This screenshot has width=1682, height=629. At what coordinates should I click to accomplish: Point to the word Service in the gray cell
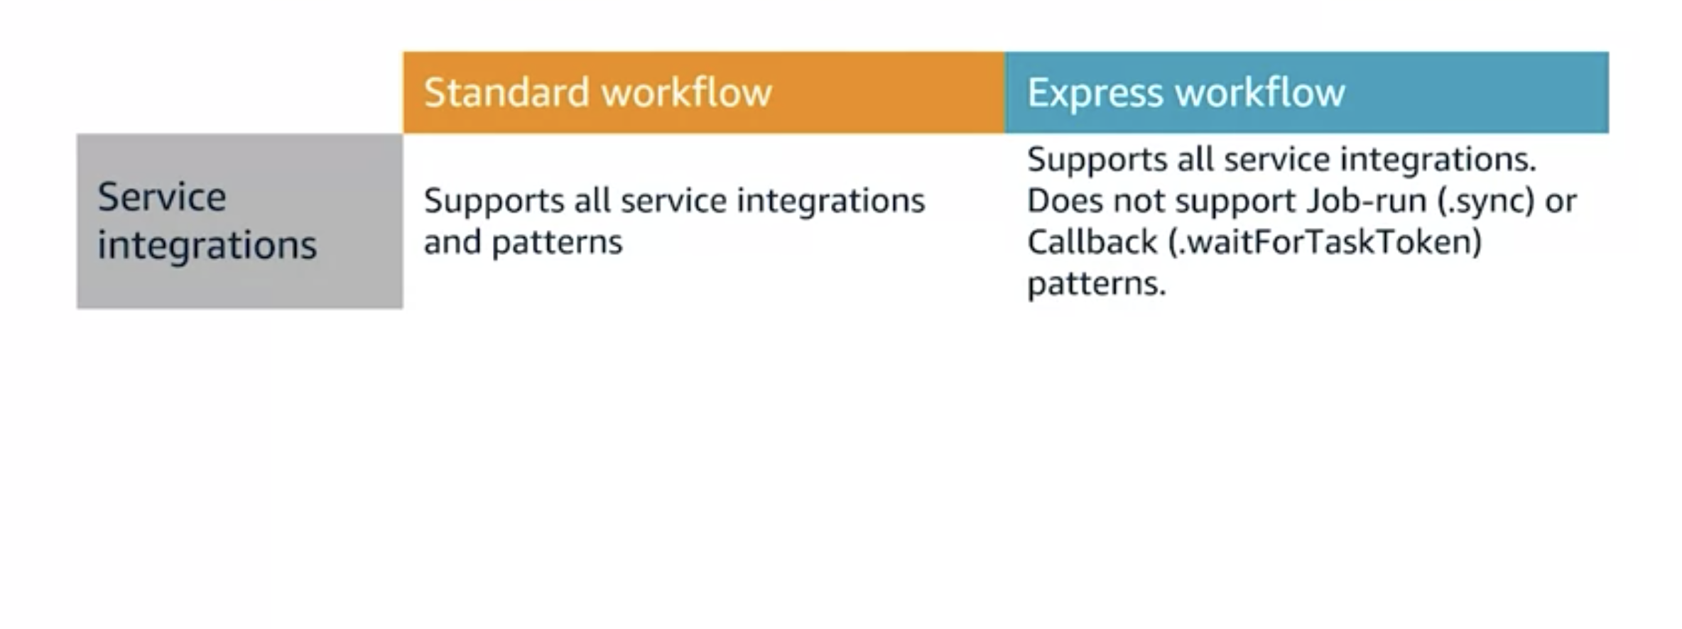click(x=162, y=197)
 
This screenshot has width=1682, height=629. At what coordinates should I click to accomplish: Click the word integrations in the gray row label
click(x=207, y=245)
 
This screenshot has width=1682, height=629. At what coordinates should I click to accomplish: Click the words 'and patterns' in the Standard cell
click(x=523, y=242)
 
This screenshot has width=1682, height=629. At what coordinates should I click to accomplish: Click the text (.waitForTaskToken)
click(x=1325, y=243)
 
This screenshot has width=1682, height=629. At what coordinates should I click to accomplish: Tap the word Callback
click(x=1092, y=243)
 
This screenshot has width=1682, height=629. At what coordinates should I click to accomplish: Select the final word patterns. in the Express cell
click(x=1096, y=284)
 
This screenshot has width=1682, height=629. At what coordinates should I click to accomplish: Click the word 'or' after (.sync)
click(x=1561, y=202)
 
